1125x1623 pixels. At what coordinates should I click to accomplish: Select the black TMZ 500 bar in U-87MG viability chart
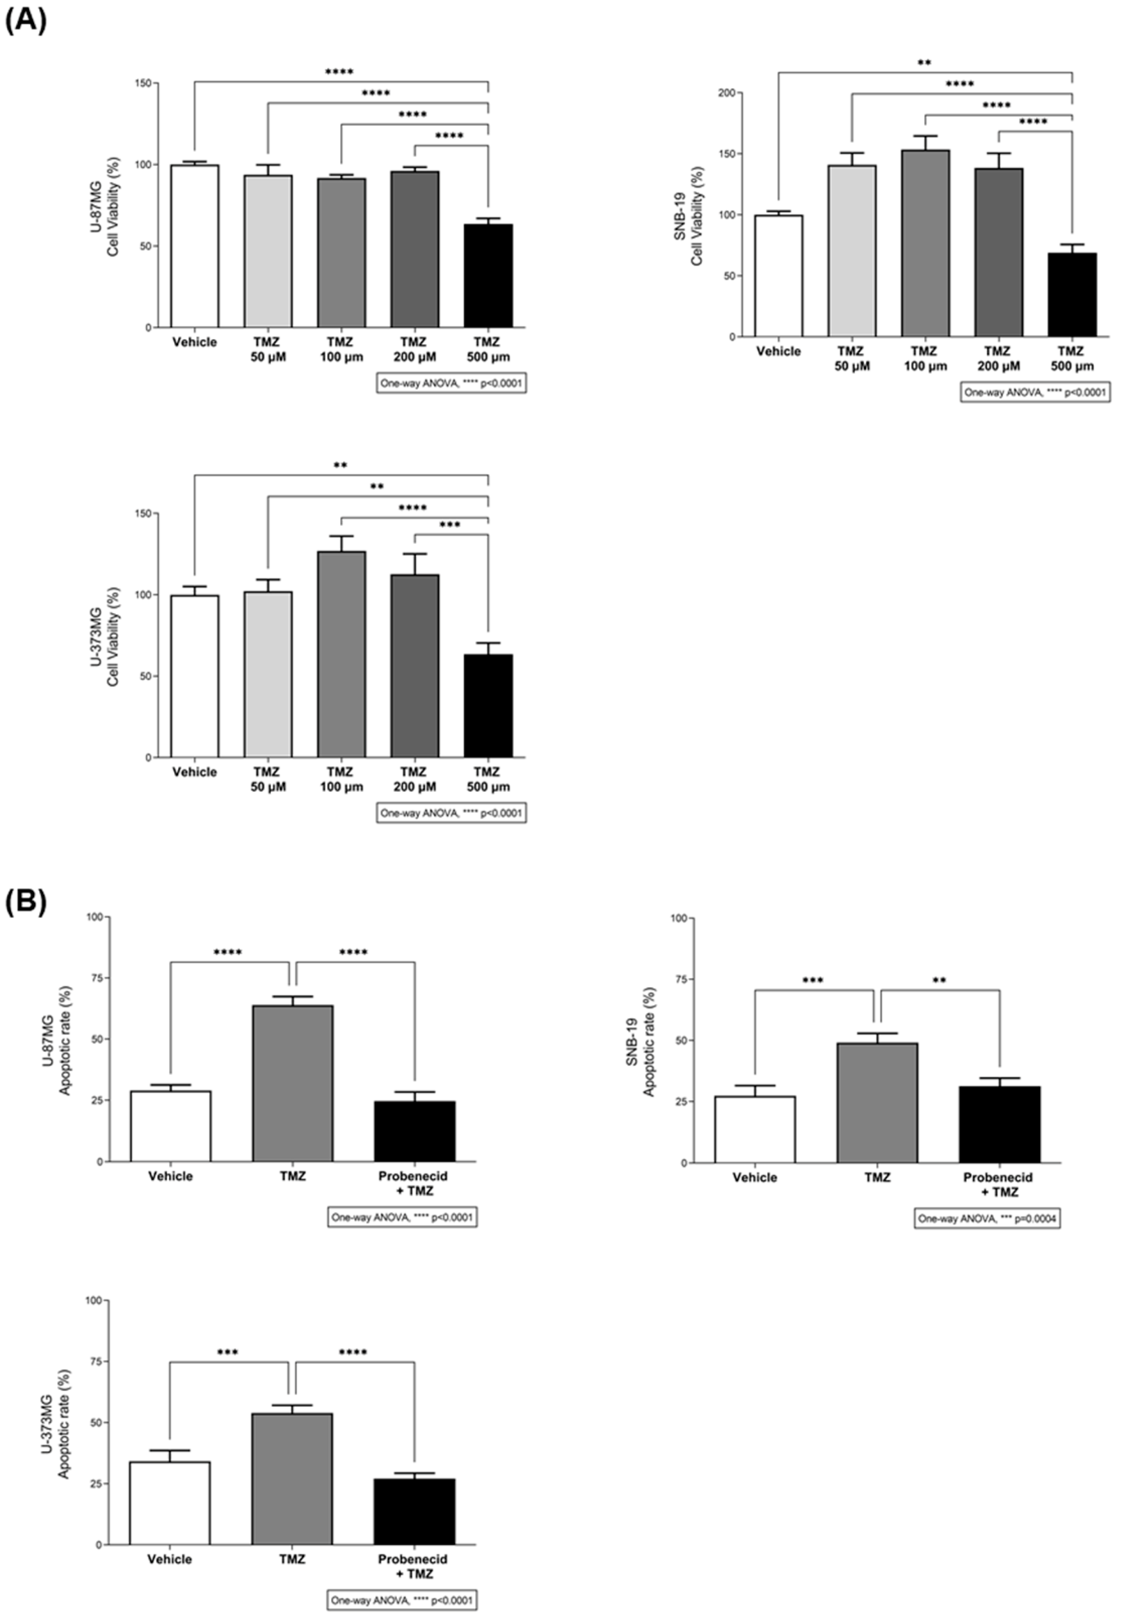[488, 275]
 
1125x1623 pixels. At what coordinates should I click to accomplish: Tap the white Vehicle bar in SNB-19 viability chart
[778, 275]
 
